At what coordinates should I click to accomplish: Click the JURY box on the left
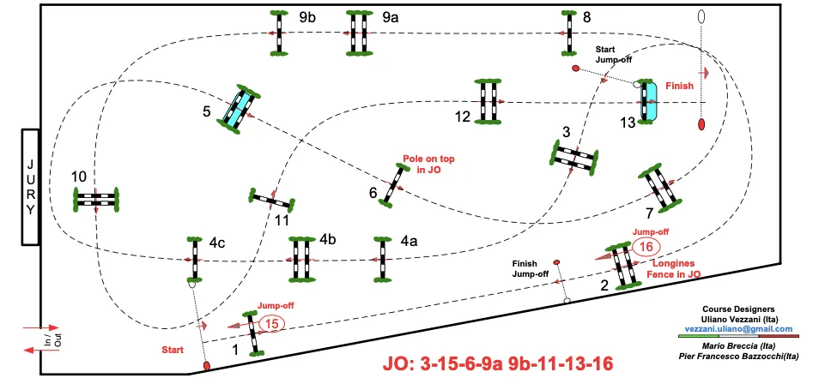click(x=31, y=186)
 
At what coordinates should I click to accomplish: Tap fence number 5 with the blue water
click(x=239, y=108)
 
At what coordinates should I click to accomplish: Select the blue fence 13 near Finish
click(x=649, y=101)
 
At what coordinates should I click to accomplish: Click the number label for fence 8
click(x=586, y=16)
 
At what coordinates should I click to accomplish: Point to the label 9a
click(x=391, y=16)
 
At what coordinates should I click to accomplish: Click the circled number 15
click(x=271, y=324)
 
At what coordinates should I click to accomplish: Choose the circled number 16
click(x=645, y=247)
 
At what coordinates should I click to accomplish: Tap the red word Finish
click(x=679, y=86)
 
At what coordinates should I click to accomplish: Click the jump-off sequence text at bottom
click(x=498, y=363)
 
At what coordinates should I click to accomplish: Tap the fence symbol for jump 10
click(x=95, y=199)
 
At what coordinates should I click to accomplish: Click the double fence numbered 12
click(x=488, y=101)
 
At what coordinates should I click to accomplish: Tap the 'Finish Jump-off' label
click(x=530, y=268)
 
